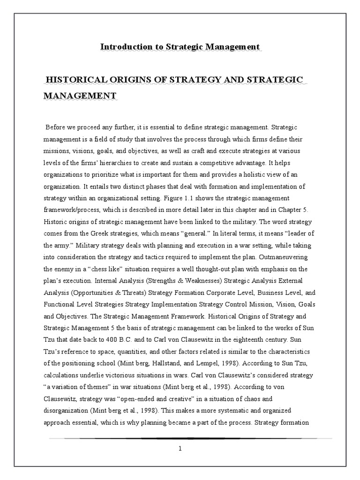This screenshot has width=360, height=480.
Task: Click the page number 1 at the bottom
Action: point(180,448)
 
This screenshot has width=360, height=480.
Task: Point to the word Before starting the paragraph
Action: point(57,127)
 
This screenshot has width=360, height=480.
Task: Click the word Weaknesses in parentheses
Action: point(186,280)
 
